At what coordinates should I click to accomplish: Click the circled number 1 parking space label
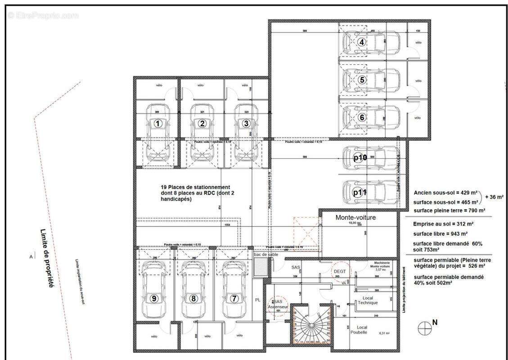(158, 123)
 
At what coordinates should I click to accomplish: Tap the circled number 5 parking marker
(363, 80)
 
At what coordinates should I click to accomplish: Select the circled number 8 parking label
(194, 298)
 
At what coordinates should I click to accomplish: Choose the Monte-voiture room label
(355, 217)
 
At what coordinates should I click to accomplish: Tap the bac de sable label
(266, 255)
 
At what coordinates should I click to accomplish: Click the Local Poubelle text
(362, 329)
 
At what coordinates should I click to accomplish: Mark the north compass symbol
(424, 328)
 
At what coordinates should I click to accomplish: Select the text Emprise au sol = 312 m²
(443, 224)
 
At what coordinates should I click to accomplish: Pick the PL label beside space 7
(257, 298)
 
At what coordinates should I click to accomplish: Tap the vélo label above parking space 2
(201, 85)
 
